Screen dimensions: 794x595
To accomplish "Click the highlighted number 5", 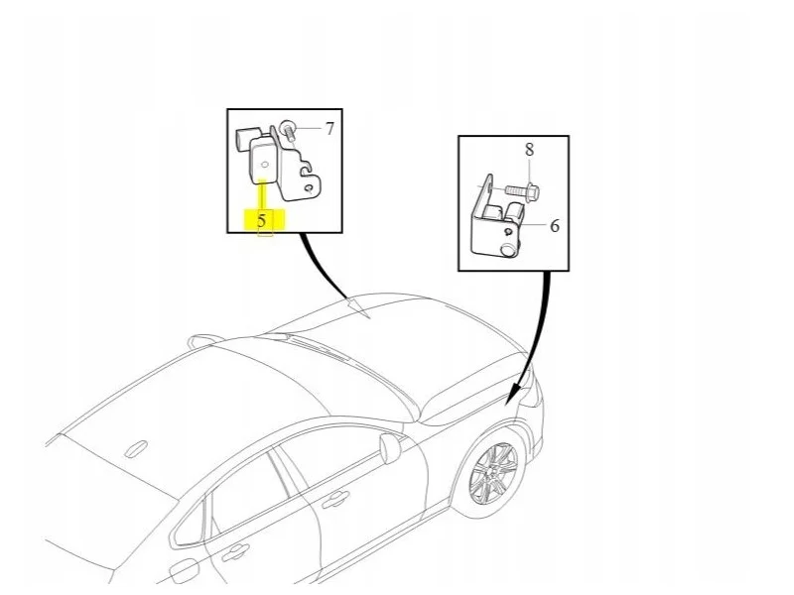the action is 262,220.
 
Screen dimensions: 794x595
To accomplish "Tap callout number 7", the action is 330,129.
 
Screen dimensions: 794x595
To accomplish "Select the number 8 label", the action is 529,150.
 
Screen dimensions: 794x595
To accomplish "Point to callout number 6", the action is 555,226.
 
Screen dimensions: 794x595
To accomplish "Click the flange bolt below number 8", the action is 522,191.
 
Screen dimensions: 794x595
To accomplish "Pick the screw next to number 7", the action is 289,130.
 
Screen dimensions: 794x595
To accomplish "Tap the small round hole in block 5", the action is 264,165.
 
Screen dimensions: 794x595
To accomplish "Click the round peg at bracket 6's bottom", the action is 506,250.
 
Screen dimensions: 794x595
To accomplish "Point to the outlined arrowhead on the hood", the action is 358,308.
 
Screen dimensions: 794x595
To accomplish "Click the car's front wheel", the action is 492,474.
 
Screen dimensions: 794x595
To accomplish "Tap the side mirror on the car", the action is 390,447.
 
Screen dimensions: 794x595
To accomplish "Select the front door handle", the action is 335,500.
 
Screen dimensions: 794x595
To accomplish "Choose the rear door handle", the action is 235,551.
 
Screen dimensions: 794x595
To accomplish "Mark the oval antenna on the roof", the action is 136,449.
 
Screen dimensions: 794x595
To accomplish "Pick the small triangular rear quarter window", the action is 190,523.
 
